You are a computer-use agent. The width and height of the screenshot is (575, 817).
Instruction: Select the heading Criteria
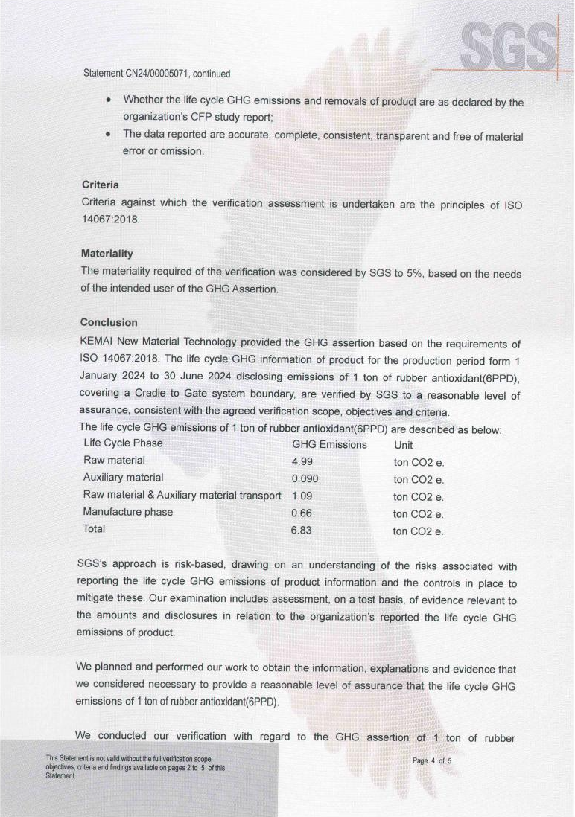pyautogui.click(x=100, y=184)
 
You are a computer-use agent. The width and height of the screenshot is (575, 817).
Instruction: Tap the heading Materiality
pyautogui.click(x=107, y=254)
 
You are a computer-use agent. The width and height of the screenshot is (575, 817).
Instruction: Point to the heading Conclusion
pyautogui.click(x=108, y=323)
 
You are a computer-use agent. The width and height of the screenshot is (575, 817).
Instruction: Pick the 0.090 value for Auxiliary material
pyautogui.click(x=305, y=478)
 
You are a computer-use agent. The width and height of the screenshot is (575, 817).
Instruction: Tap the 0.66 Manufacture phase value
pyautogui.click(x=302, y=513)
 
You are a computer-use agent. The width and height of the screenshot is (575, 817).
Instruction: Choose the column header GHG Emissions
pyautogui.click(x=329, y=444)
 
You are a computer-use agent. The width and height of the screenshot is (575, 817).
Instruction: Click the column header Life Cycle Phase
pyautogui.click(x=123, y=443)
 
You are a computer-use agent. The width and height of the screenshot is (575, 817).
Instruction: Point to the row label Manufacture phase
pyautogui.click(x=128, y=512)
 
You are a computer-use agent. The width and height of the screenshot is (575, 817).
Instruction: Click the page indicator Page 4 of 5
pyautogui.click(x=432, y=761)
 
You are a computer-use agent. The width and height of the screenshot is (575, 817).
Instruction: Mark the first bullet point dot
pyautogui.click(x=109, y=100)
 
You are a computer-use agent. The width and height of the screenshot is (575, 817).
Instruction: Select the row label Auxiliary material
pyautogui.click(x=123, y=478)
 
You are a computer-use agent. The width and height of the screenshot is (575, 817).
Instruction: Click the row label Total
pyautogui.click(x=95, y=529)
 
